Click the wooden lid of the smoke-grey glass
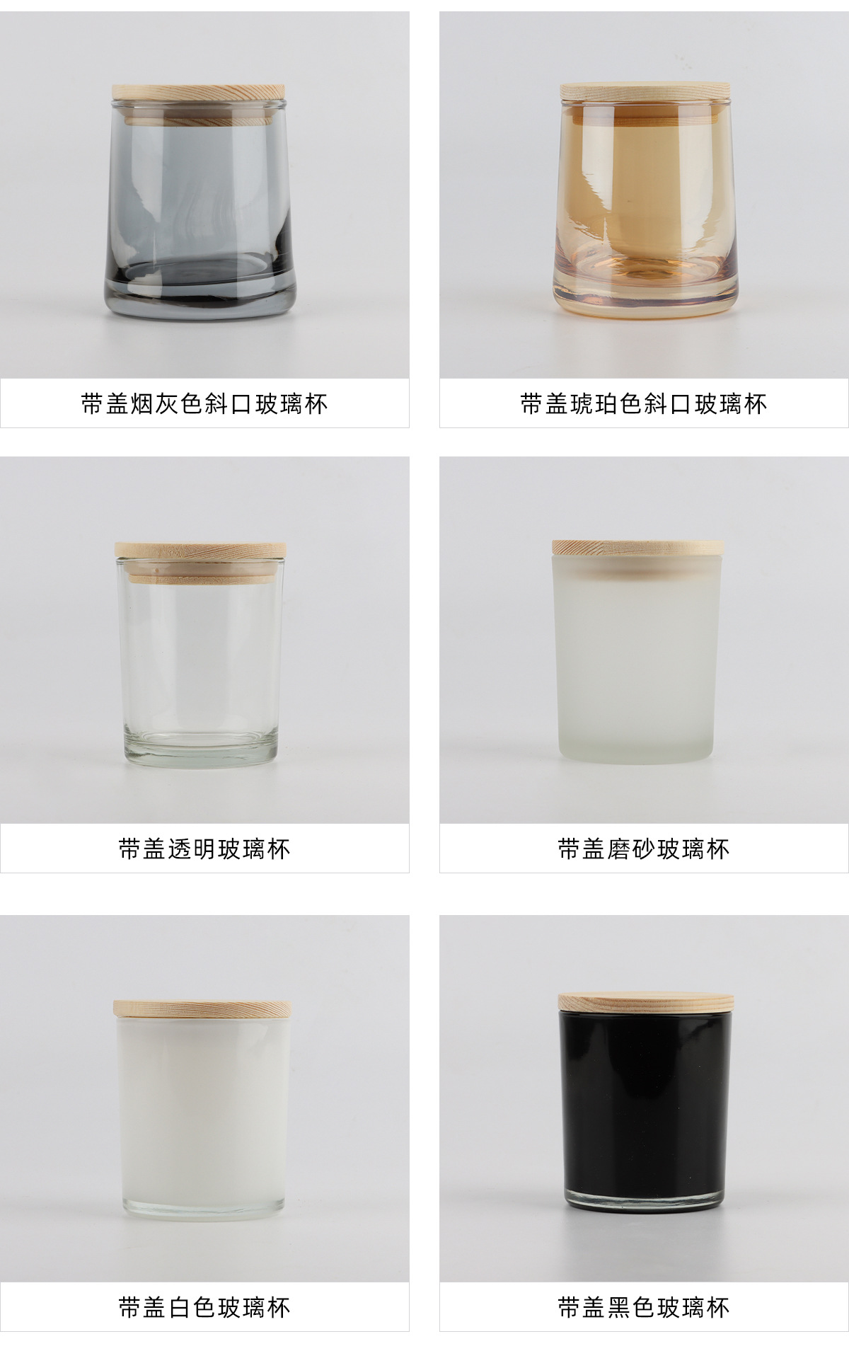[198, 92]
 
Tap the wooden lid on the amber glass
[645, 91]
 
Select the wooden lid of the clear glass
[200, 551]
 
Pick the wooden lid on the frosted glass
[637, 547]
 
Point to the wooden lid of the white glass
[201, 1008]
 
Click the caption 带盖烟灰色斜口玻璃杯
[204, 403]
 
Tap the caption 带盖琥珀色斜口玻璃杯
[644, 403]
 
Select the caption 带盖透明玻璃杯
[204, 848]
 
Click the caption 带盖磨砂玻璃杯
[644, 848]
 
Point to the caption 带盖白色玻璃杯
[204, 1306]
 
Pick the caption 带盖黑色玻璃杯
[644, 1306]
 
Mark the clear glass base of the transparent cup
[200, 752]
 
